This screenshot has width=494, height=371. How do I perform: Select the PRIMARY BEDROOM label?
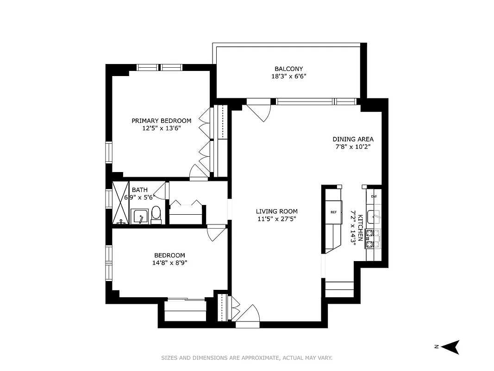pos(161,121)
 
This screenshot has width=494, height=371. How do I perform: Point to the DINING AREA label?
pos(353,139)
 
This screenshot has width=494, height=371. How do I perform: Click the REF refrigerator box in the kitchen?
pos(333,212)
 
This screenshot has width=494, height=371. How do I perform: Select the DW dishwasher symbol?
pos(374,196)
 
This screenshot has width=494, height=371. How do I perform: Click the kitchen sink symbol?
pos(374,217)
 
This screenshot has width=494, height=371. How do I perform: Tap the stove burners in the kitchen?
pos(373,238)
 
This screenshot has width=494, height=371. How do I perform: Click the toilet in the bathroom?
pos(156,215)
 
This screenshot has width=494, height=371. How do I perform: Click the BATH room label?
pos(140,190)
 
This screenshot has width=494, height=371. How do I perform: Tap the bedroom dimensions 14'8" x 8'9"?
pos(169,262)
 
